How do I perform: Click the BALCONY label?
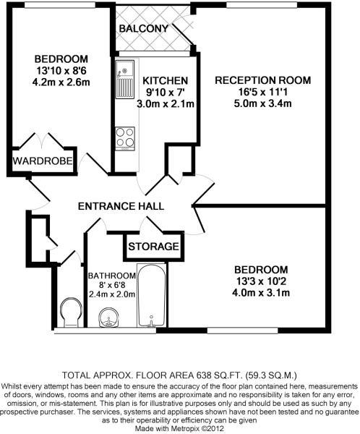[x=145, y=29]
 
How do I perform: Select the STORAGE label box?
[x=153, y=247]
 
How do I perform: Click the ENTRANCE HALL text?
[x=121, y=207]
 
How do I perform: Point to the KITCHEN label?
[x=166, y=80]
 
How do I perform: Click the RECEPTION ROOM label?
[x=262, y=80]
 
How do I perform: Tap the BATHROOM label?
[x=112, y=276]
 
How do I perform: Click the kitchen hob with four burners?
[x=124, y=137]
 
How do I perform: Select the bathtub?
[x=152, y=297]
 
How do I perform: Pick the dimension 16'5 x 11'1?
[x=262, y=92]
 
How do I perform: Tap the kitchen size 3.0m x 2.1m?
[x=166, y=104]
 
